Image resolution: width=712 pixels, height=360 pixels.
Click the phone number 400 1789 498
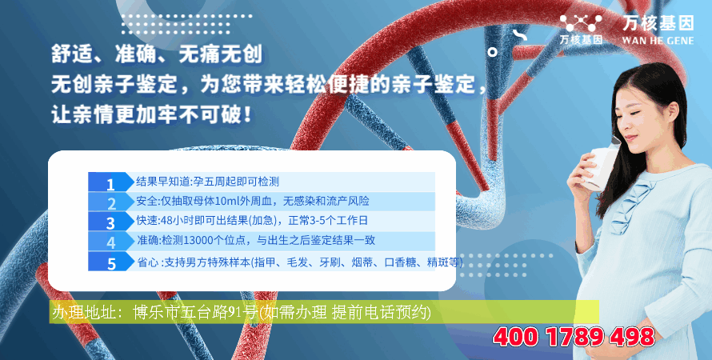[574, 337]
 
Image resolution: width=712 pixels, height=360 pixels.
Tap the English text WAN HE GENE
[658, 41]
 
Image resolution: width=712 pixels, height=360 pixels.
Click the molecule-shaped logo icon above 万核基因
[581, 22]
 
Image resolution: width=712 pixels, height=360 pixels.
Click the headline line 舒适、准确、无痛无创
[157, 54]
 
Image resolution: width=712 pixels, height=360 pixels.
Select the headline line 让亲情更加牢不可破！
[152, 114]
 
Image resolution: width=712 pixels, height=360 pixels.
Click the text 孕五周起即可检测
[236, 182]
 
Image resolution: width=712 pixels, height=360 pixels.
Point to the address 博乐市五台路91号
[195, 312]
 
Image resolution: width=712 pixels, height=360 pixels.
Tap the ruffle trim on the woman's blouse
[626, 206]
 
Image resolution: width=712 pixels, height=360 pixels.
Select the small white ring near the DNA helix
[492, 52]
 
